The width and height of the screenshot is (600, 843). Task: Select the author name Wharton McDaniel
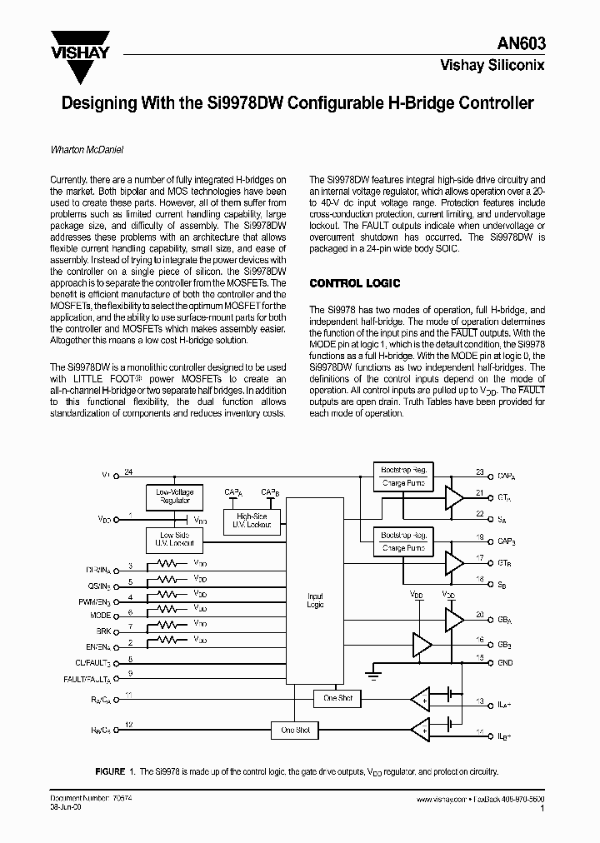87,151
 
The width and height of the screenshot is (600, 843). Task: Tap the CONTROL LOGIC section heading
355,283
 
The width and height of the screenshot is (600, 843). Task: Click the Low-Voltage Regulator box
175,496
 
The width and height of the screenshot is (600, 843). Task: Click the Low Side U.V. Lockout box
175,539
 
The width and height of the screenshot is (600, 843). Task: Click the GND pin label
506,664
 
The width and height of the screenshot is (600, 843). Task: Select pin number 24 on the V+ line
128,472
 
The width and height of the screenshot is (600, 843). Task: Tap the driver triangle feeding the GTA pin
454,497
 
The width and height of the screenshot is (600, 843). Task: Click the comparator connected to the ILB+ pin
420,731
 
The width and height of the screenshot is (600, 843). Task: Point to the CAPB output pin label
507,540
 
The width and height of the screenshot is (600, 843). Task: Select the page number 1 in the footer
542,808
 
